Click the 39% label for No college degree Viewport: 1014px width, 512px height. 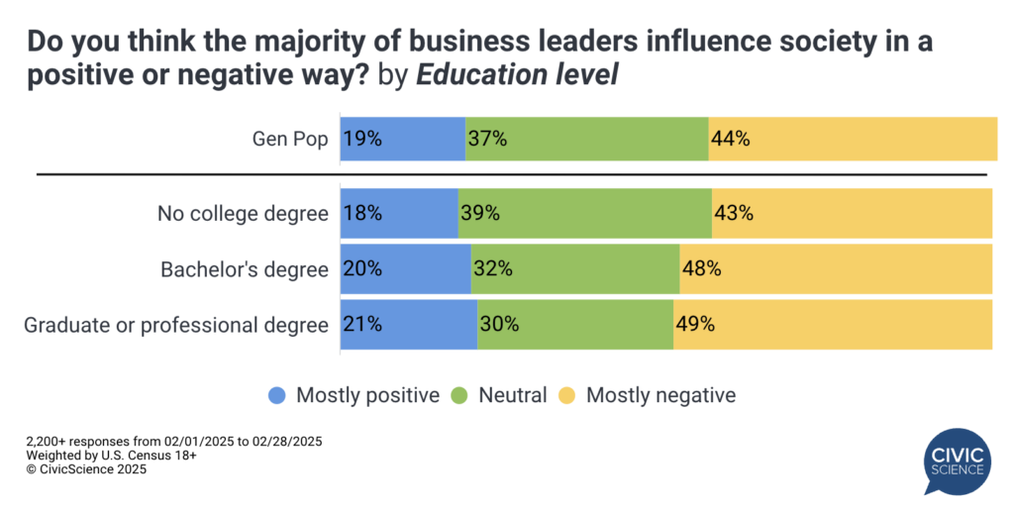click(479, 213)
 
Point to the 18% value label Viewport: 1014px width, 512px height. click(362, 213)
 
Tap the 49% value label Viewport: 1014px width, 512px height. click(695, 324)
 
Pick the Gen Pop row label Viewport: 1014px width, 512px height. click(289, 139)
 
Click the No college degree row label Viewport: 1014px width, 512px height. click(243, 213)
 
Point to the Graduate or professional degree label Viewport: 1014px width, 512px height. click(176, 324)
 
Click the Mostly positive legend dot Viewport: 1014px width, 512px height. click(277, 395)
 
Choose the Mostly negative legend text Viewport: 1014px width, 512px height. click(660, 395)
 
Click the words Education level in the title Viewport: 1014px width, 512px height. click(517, 75)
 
